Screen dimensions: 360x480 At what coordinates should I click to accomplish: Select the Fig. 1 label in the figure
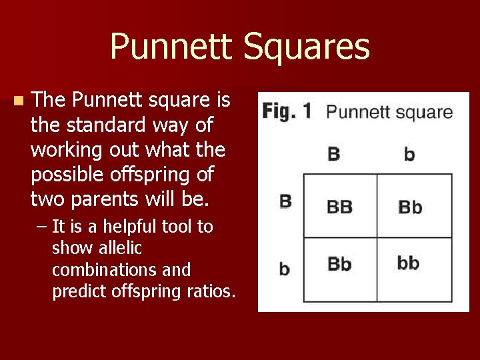point(286,111)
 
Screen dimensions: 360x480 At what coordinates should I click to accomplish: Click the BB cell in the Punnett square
point(339,207)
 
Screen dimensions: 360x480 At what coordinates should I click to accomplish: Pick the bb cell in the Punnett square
point(408,263)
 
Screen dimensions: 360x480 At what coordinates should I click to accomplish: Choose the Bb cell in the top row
point(409,207)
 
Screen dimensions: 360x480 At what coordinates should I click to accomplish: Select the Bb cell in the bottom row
point(339,264)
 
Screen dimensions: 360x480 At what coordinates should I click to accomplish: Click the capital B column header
point(334,155)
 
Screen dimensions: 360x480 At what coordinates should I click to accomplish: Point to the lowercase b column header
point(409,155)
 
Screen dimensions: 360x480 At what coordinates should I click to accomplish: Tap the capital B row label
point(285,201)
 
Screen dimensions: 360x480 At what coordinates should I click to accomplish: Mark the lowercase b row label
point(285,268)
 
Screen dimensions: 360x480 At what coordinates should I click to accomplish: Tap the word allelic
point(120,248)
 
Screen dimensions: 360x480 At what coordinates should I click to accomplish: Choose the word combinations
point(103,270)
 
